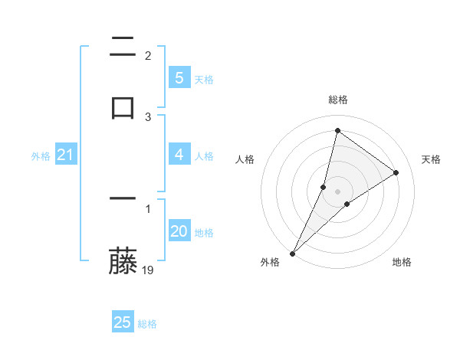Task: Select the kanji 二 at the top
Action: coord(123,47)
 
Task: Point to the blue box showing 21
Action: coord(65,155)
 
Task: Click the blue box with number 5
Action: coord(179,78)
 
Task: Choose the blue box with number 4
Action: coord(179,155)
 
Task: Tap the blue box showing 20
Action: coord(179,231)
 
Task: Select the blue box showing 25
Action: coord(123,322)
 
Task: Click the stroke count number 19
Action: coord(148,270)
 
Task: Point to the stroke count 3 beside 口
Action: coord(148,116)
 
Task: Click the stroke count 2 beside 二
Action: coord(148,55)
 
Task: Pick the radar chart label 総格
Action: coord(338,100)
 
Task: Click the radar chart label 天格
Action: coord(432,159)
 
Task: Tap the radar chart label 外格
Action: coord(269,262)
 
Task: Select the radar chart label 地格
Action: coord(402,262)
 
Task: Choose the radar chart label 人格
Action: coord(245,159)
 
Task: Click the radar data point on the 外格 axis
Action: coord(292,254)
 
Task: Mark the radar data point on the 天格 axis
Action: coord(396,172)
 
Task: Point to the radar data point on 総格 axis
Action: coord(337,130)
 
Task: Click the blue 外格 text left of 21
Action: coord(41,156)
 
